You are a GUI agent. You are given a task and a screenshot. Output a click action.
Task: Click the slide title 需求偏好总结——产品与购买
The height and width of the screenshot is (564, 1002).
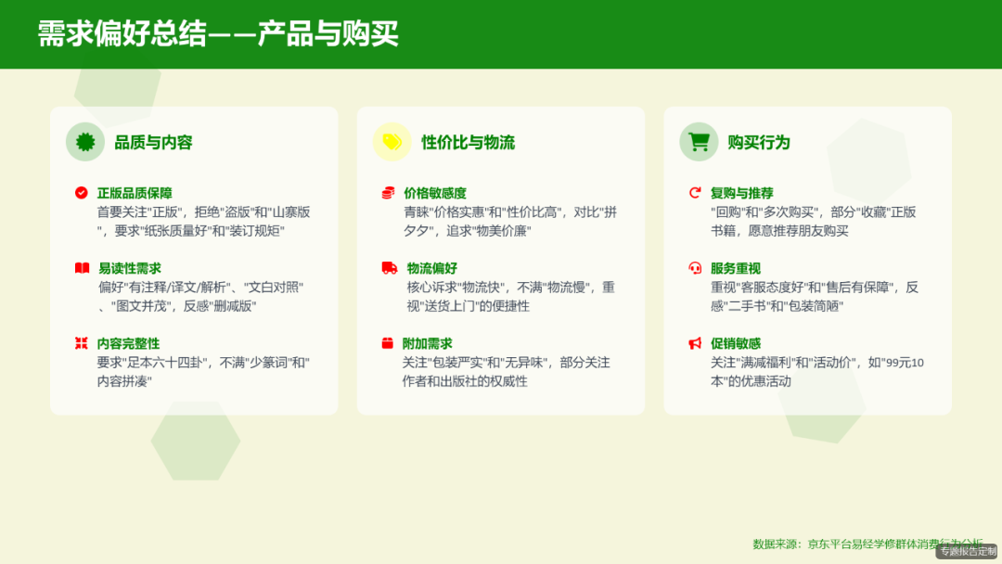[218, 33]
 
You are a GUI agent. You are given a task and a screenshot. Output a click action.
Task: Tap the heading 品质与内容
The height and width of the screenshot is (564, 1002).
[153, 142]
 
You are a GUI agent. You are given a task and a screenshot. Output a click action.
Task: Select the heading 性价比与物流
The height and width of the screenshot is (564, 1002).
[468, 142]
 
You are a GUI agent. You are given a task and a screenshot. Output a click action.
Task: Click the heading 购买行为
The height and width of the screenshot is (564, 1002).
[758, 142]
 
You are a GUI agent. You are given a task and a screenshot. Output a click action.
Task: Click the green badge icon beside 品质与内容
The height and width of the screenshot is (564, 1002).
[85, 142]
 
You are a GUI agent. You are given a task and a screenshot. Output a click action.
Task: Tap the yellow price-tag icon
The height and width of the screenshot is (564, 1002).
[392, 142]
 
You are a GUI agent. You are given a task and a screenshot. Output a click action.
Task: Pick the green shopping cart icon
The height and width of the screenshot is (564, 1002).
[699, 142]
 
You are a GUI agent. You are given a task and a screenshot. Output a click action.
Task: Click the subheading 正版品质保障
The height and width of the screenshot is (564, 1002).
[135, 193]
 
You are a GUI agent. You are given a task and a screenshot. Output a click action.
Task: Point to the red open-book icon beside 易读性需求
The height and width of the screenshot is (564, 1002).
[82, 268]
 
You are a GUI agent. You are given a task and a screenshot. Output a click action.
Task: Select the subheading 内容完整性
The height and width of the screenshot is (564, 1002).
[128, 343]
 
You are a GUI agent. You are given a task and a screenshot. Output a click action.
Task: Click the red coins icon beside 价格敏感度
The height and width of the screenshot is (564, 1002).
[388, 193]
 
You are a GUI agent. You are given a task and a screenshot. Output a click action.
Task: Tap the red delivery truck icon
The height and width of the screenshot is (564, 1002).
[389, 268]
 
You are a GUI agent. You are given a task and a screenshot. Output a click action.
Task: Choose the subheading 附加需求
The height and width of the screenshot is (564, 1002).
[427, 343]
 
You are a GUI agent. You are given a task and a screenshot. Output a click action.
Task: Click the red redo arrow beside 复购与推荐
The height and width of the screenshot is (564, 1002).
[694, 193]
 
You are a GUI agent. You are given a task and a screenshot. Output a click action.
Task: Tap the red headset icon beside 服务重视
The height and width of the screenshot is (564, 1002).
[694, 268]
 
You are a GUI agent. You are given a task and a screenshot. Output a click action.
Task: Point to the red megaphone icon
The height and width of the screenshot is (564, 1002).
[694, 343]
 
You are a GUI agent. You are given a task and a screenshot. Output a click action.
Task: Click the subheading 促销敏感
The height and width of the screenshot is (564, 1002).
[735, 343]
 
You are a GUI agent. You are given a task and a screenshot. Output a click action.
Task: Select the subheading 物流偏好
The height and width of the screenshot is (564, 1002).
[431, 268]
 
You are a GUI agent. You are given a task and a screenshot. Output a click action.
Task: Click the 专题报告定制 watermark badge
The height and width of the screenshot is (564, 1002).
[966, 552]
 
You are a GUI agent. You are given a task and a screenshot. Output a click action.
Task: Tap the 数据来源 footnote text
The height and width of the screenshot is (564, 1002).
[867, 544]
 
